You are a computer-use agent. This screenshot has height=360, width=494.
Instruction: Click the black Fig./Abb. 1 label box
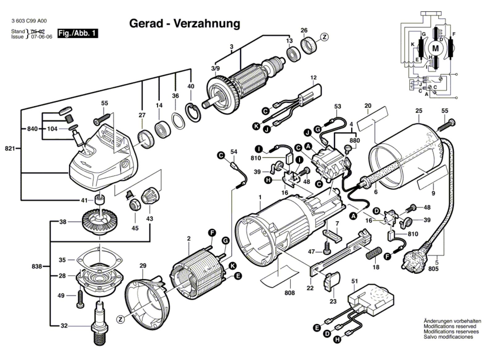point(77,33)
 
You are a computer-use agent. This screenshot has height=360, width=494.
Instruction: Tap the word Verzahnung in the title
point(207,23)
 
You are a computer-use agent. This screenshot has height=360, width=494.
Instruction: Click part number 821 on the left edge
point(10,149)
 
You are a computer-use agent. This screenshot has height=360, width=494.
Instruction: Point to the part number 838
point(37,266)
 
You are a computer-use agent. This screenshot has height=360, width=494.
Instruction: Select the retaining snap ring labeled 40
point(193,112)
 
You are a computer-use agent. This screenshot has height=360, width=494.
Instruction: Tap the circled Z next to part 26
point(324,37)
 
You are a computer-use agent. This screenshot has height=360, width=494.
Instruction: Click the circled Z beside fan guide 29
point(120,319)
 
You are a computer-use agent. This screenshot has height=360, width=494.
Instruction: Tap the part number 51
point(354,281)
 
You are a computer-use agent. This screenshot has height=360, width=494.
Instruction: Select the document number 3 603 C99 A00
point(29,21)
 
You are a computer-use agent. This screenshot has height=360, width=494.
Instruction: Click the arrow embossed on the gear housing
point(86,163)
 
